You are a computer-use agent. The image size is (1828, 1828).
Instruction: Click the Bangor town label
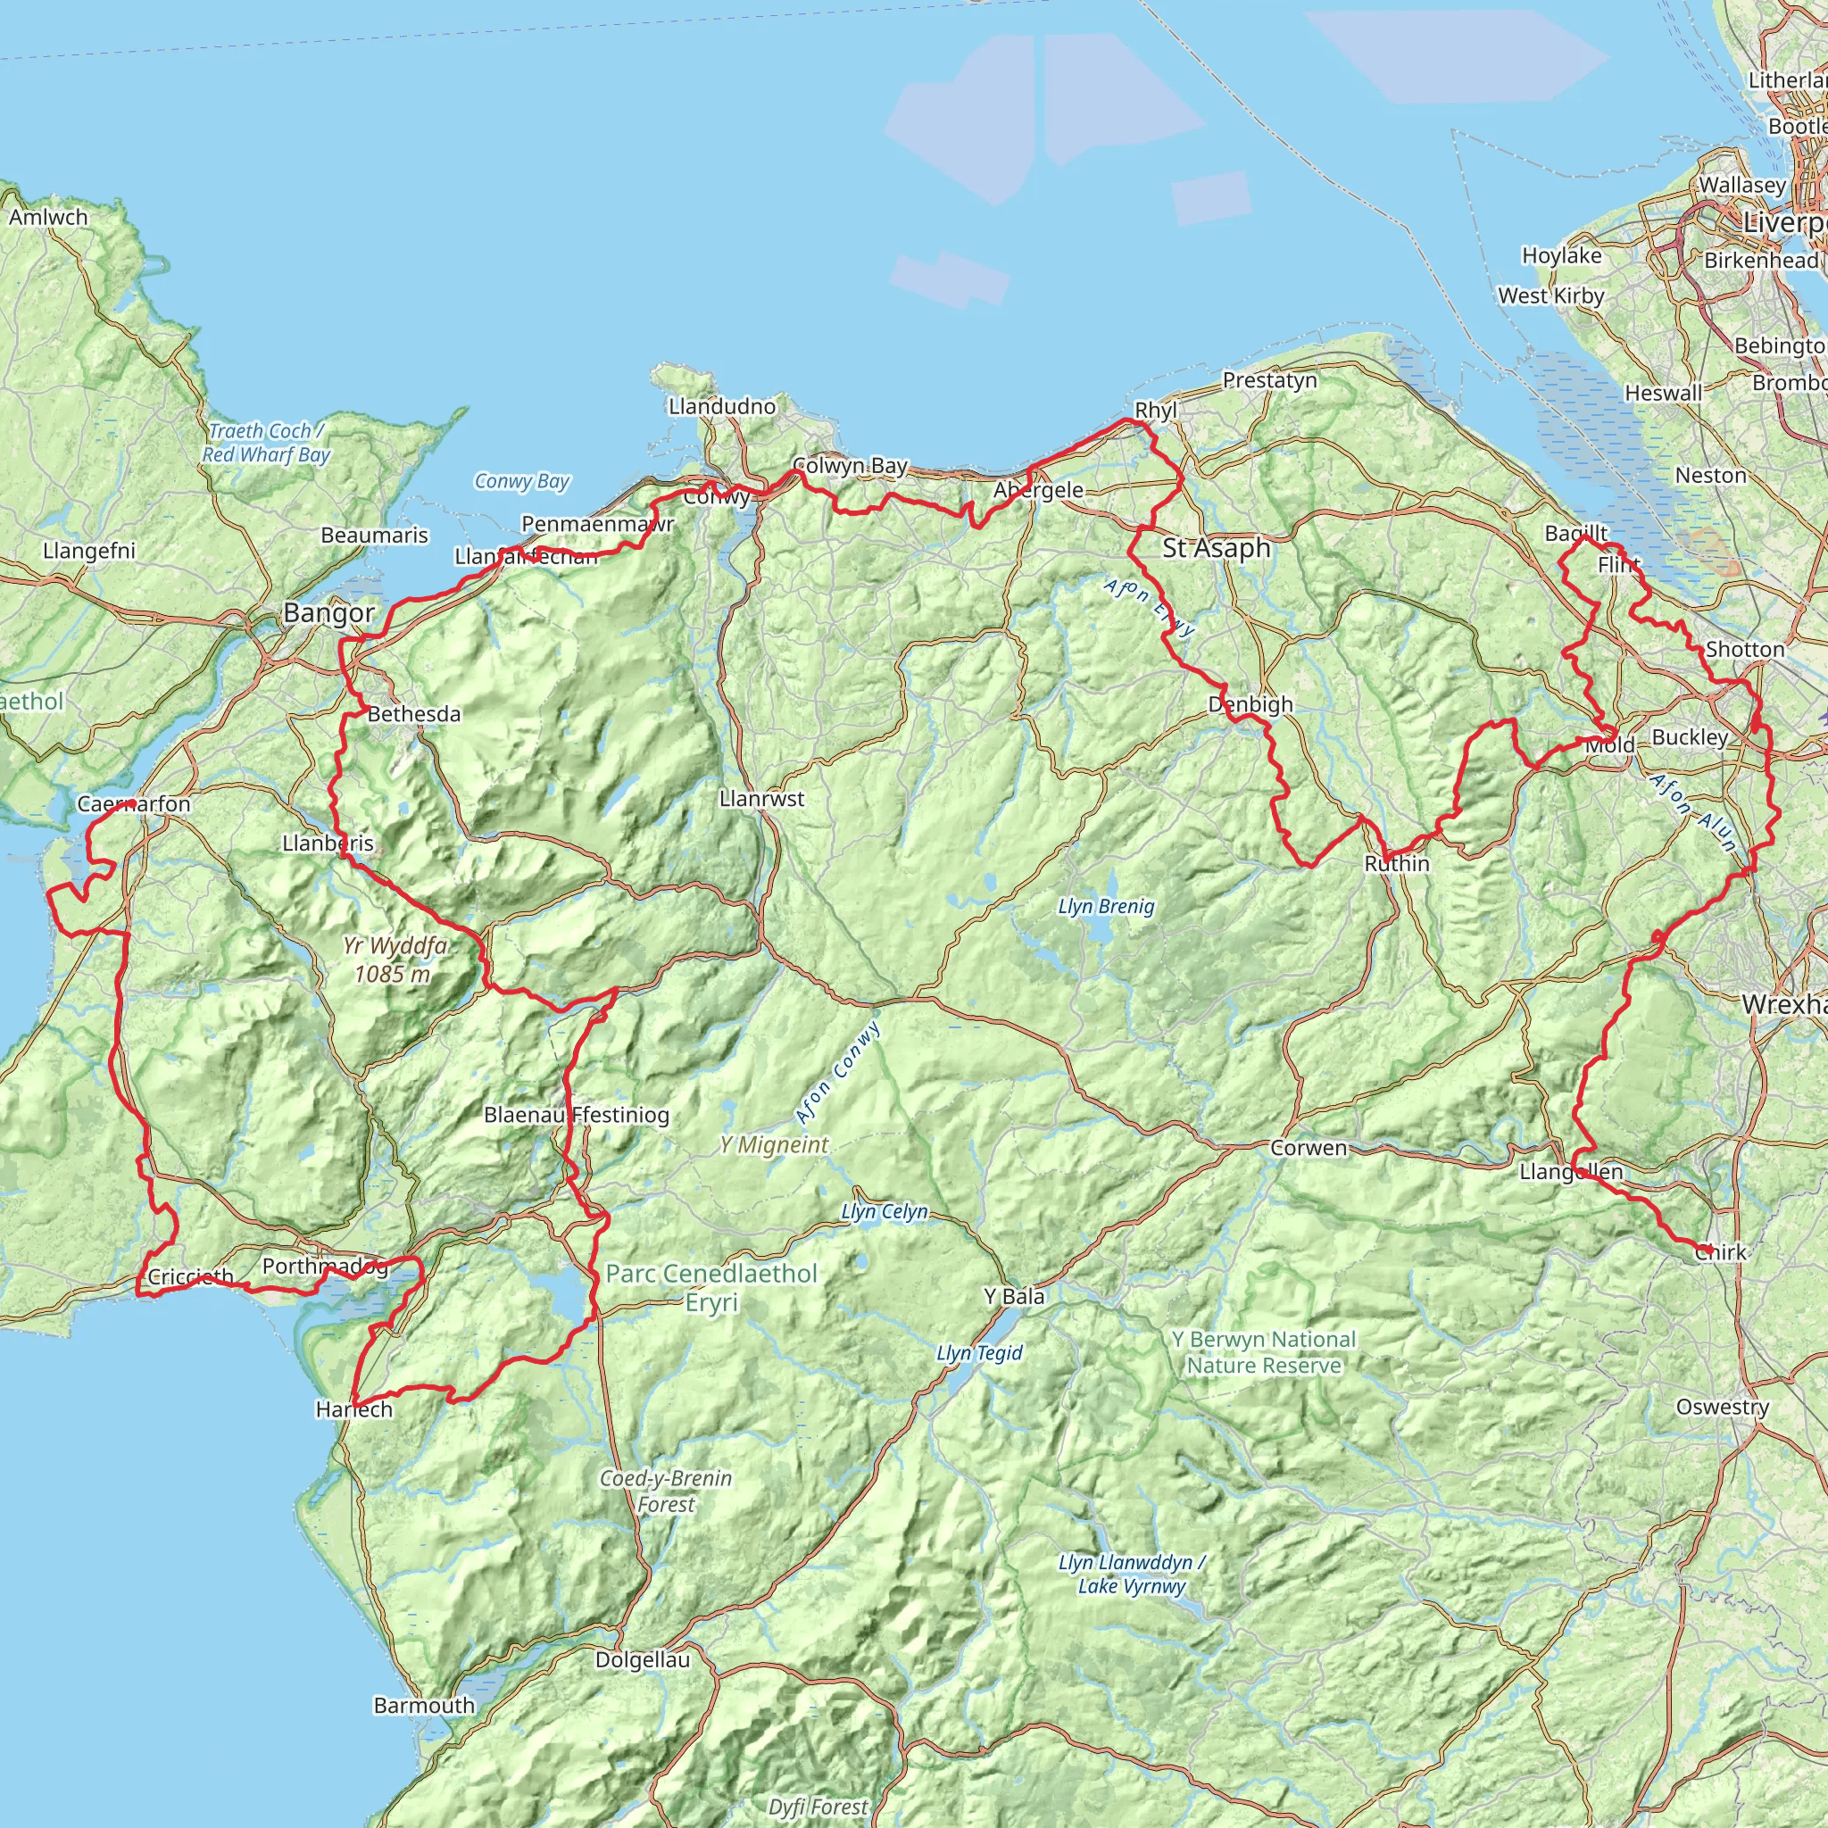(x=328, y=613)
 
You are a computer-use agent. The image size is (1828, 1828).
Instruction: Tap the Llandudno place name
(x=722, y=407)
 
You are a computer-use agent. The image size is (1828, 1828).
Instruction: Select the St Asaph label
(x=1216, y=548)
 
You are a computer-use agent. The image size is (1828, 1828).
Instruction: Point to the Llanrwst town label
(x=761, y=799)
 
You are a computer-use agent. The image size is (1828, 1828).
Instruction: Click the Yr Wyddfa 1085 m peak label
(x=393, y=960)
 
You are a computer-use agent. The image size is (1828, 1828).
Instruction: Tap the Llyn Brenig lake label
(x=1106, y=907)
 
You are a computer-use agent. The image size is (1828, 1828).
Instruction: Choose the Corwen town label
(x=1309, y=1149)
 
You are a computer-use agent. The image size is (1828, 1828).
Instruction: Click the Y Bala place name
(x=1014, y=1296)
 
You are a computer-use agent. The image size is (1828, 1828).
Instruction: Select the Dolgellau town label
(x=643, y=1659)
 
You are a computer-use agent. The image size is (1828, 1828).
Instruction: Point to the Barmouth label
(x=424, y=1705)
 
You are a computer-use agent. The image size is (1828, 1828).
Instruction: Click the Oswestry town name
(x=1722, y=1407)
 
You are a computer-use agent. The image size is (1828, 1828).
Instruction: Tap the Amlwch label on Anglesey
(x=48, y=218)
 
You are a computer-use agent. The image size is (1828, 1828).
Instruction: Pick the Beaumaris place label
(x=375, y=536)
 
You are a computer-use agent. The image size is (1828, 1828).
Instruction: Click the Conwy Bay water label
(x=521, y=482)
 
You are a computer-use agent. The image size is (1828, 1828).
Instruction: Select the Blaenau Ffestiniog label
(x=577, y=1115)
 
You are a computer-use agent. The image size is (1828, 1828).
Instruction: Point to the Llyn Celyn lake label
(x=885, y=1212)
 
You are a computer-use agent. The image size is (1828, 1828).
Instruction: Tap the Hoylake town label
(x=1561, y=255)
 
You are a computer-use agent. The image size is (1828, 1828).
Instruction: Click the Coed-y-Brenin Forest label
(x=666, y=1491)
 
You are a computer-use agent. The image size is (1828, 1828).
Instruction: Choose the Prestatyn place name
(x=1270, y=380)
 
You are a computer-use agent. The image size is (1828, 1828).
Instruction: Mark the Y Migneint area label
(x=773, y=1146)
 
